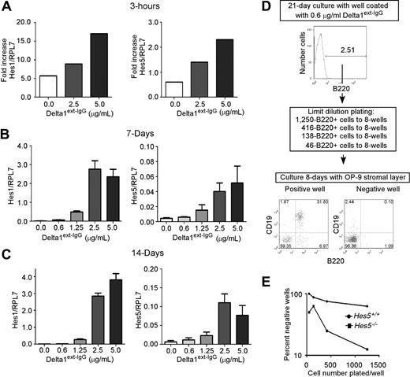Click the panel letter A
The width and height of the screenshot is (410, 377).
point(7,8)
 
